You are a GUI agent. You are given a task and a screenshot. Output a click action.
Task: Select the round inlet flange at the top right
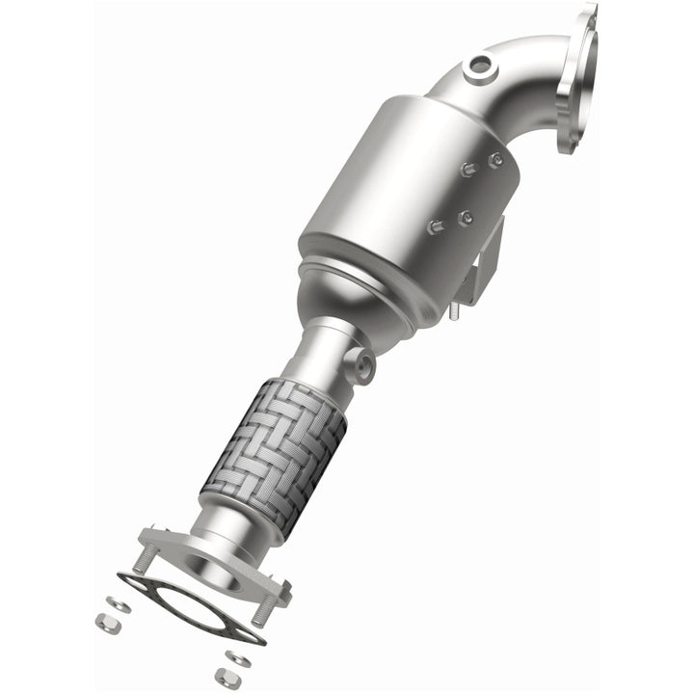tap(577, 77)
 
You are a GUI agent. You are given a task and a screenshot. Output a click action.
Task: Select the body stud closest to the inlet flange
tap(495, 160)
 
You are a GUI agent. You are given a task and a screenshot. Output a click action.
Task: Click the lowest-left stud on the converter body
tap(434, 228)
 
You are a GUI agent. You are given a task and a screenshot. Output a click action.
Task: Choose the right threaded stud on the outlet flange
tap(263, 609)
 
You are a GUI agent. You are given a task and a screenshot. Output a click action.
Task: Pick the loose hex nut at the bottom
tap(227, 679)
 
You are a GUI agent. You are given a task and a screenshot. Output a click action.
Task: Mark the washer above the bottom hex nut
tap(237, 658)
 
